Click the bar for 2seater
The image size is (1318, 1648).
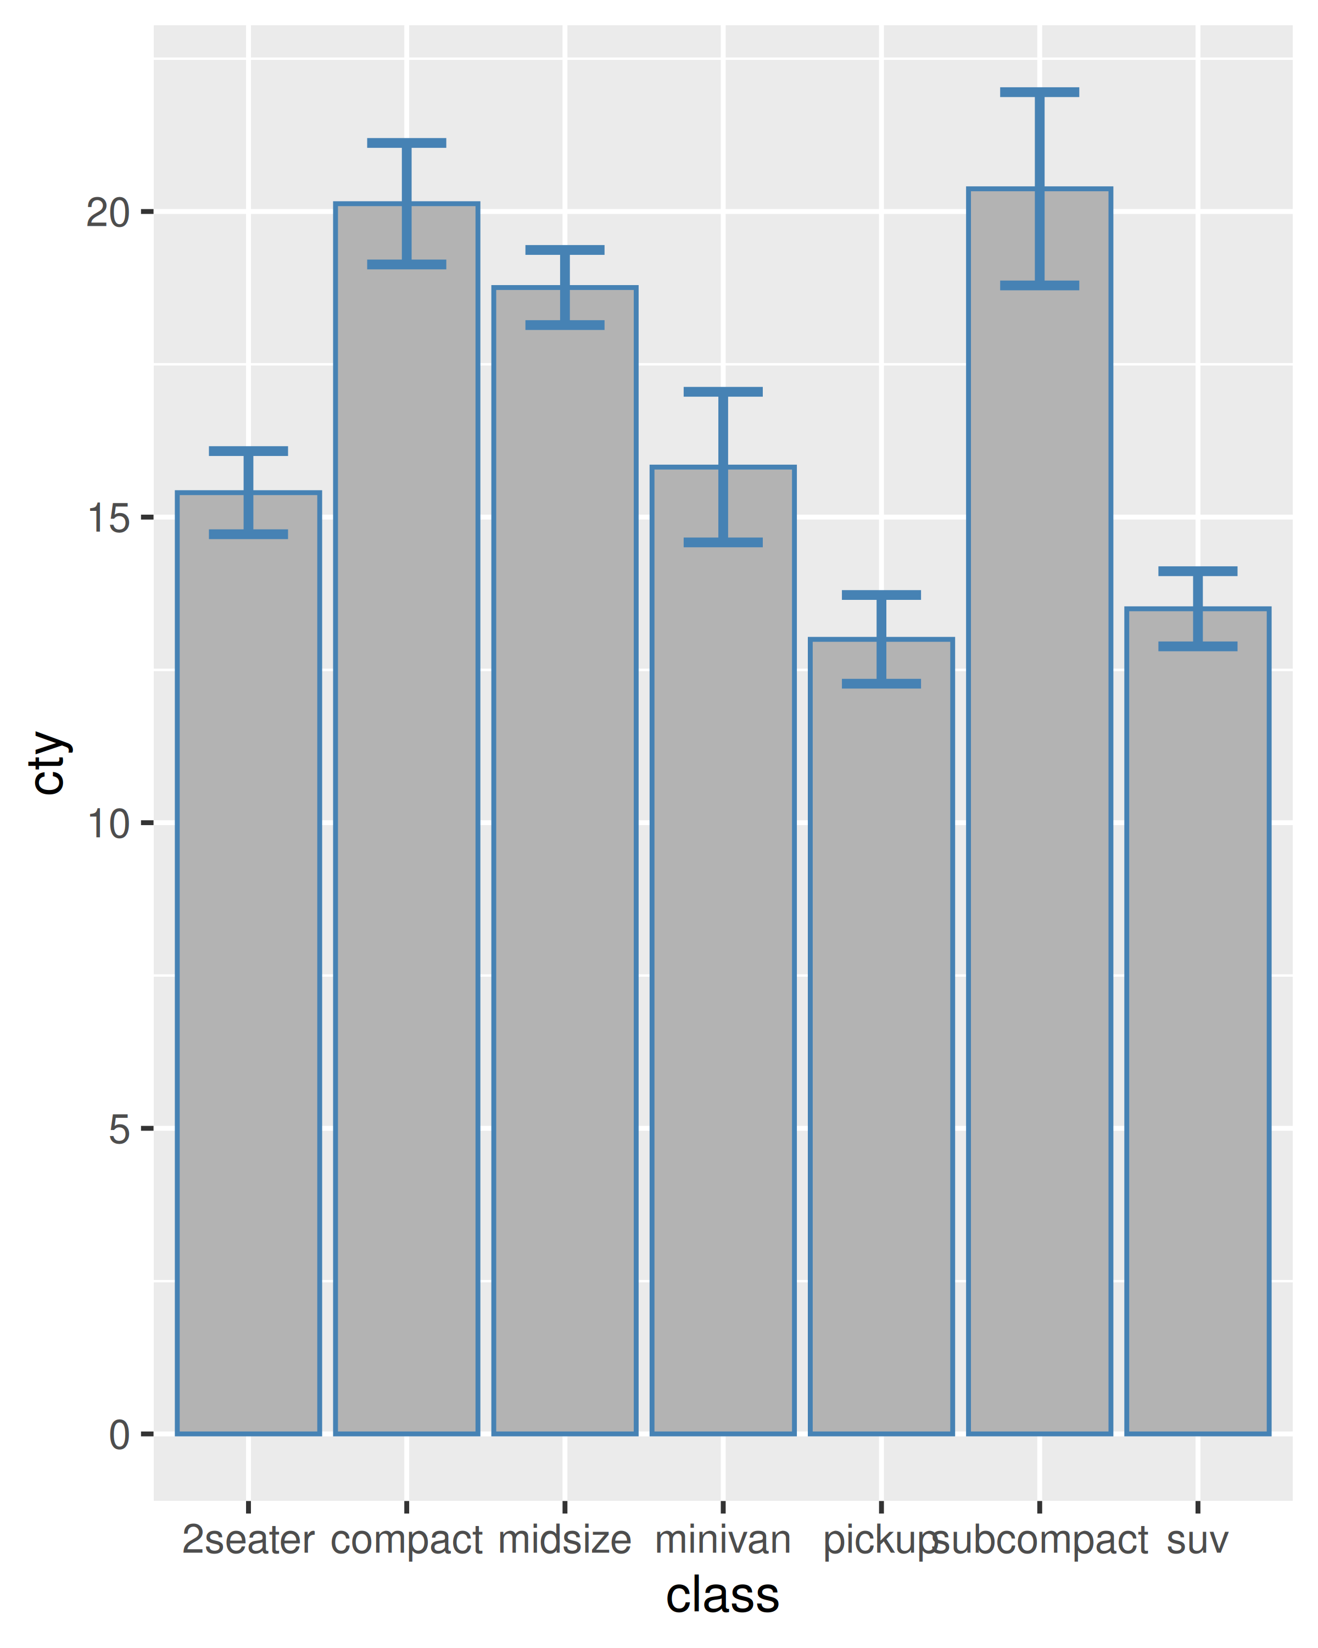click(248, 963)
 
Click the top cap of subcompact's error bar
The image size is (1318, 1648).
click(1039, 92)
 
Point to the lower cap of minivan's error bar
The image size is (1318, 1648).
click(723, 543)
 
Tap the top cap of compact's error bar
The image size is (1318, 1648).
click(406, 143)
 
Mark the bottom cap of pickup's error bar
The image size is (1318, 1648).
click(881, 683)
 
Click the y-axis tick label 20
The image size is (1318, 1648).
click(108, 213)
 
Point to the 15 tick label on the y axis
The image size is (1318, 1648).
click(108, 518)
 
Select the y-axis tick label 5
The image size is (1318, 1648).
click(119, 1128)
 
